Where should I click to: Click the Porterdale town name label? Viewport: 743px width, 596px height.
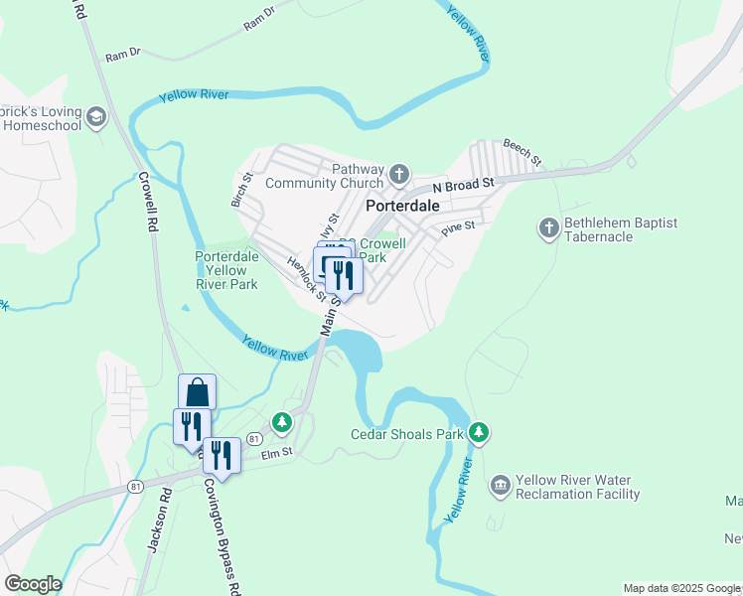coord(403,206)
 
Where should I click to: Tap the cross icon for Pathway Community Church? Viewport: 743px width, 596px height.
coord(398,176)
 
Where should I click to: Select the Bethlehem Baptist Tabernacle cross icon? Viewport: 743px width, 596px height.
coord(548,229)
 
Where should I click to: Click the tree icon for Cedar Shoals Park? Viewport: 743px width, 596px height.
coord(480,433)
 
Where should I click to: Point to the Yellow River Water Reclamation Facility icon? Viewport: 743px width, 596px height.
coord(501,486)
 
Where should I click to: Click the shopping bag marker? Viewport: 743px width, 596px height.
coord(197,391)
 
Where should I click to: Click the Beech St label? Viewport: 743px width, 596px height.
coord(522,152)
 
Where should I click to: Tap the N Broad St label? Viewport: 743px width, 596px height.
coord(464,186)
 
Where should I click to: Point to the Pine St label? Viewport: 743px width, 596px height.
coord(458,227)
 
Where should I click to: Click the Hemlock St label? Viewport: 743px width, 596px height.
coord(307,279)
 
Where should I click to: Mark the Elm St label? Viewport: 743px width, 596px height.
coord(276,453)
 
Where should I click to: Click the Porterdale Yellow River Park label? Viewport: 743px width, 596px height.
coord(226,270)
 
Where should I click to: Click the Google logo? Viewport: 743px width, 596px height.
coord(33,584)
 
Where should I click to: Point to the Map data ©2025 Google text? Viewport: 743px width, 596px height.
coord(681,588)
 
